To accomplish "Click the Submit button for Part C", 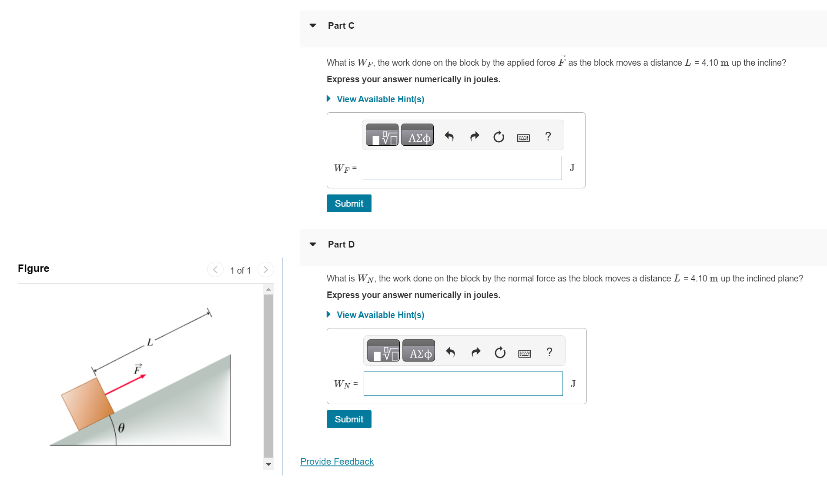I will (348, 204).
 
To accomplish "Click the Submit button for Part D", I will (348, 419).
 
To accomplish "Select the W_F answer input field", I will (462, 168).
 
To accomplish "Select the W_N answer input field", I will (463, 384).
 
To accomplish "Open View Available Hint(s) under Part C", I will (380, 99).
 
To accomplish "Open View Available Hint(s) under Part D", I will (380, 315).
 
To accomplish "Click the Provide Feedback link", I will (337, 462).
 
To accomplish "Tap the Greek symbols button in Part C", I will (417, 135).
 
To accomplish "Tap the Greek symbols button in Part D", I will (419, 351).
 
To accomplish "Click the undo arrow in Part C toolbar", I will (449, 137).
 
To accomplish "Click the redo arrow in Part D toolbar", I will (476, 352).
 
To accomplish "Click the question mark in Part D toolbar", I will (549, 352).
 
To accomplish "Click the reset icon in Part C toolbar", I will (499, 137).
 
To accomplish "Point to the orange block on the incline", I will (87, 404).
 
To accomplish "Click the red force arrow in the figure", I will (125, 385).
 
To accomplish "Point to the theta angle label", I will (121, 428).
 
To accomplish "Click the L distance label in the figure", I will (150, 342).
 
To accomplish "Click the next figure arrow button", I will (266, 270).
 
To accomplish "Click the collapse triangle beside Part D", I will (313, 244).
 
